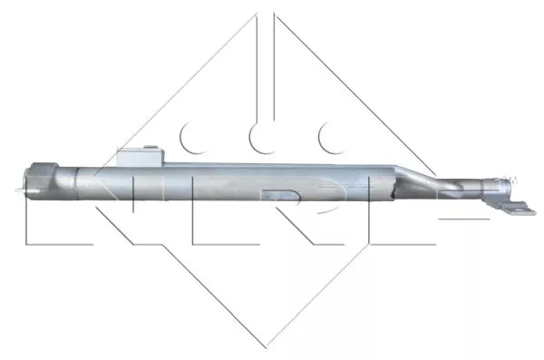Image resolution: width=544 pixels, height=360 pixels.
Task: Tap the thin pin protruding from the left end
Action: coord(18,190)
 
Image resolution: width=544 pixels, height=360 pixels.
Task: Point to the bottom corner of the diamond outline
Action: coord(266,345)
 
